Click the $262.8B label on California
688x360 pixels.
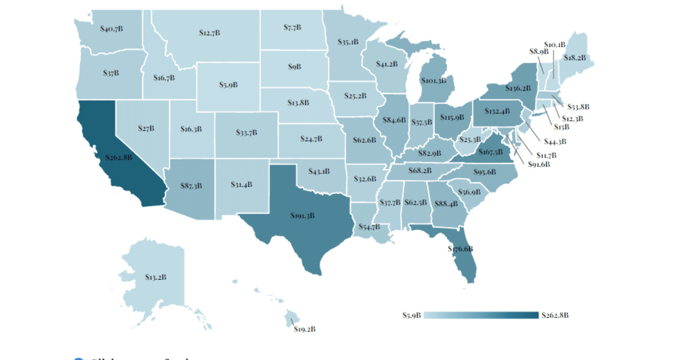[119, 156]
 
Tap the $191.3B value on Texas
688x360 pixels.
[302, 216]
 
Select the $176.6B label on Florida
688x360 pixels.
[460, 249]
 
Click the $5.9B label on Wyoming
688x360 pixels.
[228, 84]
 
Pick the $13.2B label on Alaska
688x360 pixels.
[155, 277]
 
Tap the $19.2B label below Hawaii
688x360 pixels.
[304, 329]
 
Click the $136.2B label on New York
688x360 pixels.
[518, 89]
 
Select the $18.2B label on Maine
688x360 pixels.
[574, 58]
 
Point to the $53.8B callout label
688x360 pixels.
[578, 107]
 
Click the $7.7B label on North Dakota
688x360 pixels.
[292, 27]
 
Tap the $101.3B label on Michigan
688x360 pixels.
[433, 81]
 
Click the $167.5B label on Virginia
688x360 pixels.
[490, 152]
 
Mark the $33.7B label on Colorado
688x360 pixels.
[247, 132]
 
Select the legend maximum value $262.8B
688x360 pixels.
[554, 315]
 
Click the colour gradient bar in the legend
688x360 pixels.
[482, 315]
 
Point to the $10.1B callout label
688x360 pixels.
[554, 44]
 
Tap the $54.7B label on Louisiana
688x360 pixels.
[369, 227]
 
